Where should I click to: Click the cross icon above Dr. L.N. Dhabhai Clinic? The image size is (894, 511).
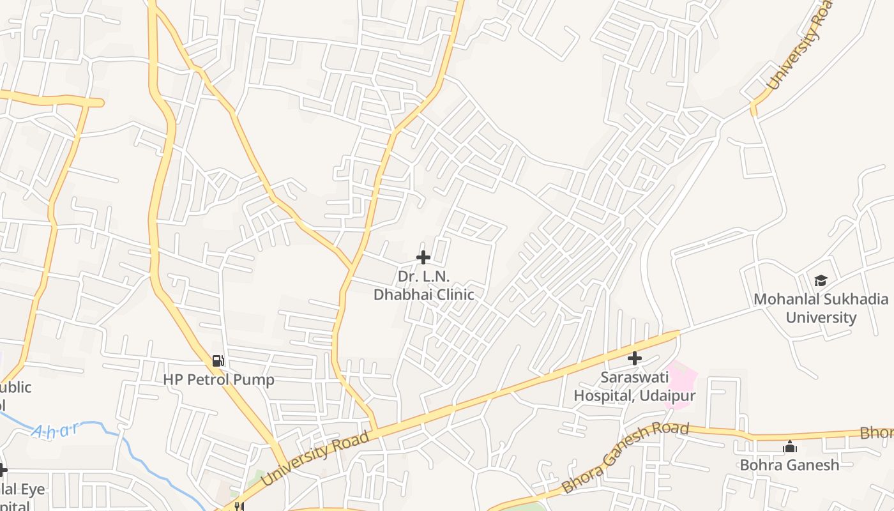[x=423, y=257]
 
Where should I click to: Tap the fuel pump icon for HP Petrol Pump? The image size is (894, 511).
[x=218, y=361]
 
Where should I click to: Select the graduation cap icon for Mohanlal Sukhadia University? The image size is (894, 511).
[x=821, y=280]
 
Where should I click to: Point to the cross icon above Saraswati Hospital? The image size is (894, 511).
[x=634, y=358]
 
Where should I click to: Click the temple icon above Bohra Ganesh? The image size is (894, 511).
[x=790, y=446]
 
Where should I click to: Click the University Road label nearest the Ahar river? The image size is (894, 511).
[x=315, y=458]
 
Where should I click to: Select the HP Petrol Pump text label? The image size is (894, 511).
[x=218, y=379]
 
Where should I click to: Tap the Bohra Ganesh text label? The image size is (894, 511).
[x=789, y=464]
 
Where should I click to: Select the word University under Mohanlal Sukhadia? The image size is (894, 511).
[x=821, y=317]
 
